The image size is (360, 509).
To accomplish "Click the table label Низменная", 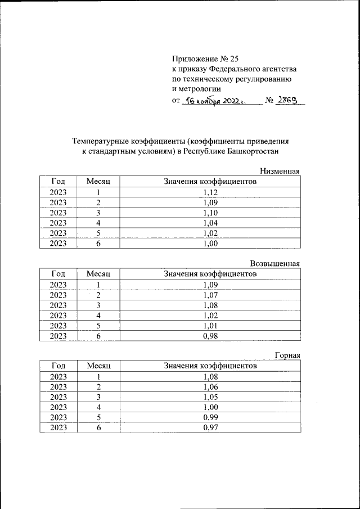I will pos(280,171).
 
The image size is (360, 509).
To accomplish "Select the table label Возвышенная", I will pos(275,263).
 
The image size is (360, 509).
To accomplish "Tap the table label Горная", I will pos(287,355).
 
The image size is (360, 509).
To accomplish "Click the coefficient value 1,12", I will pos(210,192).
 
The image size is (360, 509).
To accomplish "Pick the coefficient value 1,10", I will pos(210,213).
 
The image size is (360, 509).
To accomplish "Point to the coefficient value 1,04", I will pos(210,223).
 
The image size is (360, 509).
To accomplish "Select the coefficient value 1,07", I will pos(210,295).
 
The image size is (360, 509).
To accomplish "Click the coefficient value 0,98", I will pos(210,336).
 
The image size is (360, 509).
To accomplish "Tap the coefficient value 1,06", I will pos(210,387).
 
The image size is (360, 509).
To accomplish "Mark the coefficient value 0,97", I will pos(210,428).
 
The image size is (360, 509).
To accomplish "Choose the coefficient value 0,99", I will pos(210,418).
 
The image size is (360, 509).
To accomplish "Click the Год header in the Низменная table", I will pos(58,182).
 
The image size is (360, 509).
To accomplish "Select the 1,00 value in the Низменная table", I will pos(210,244).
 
